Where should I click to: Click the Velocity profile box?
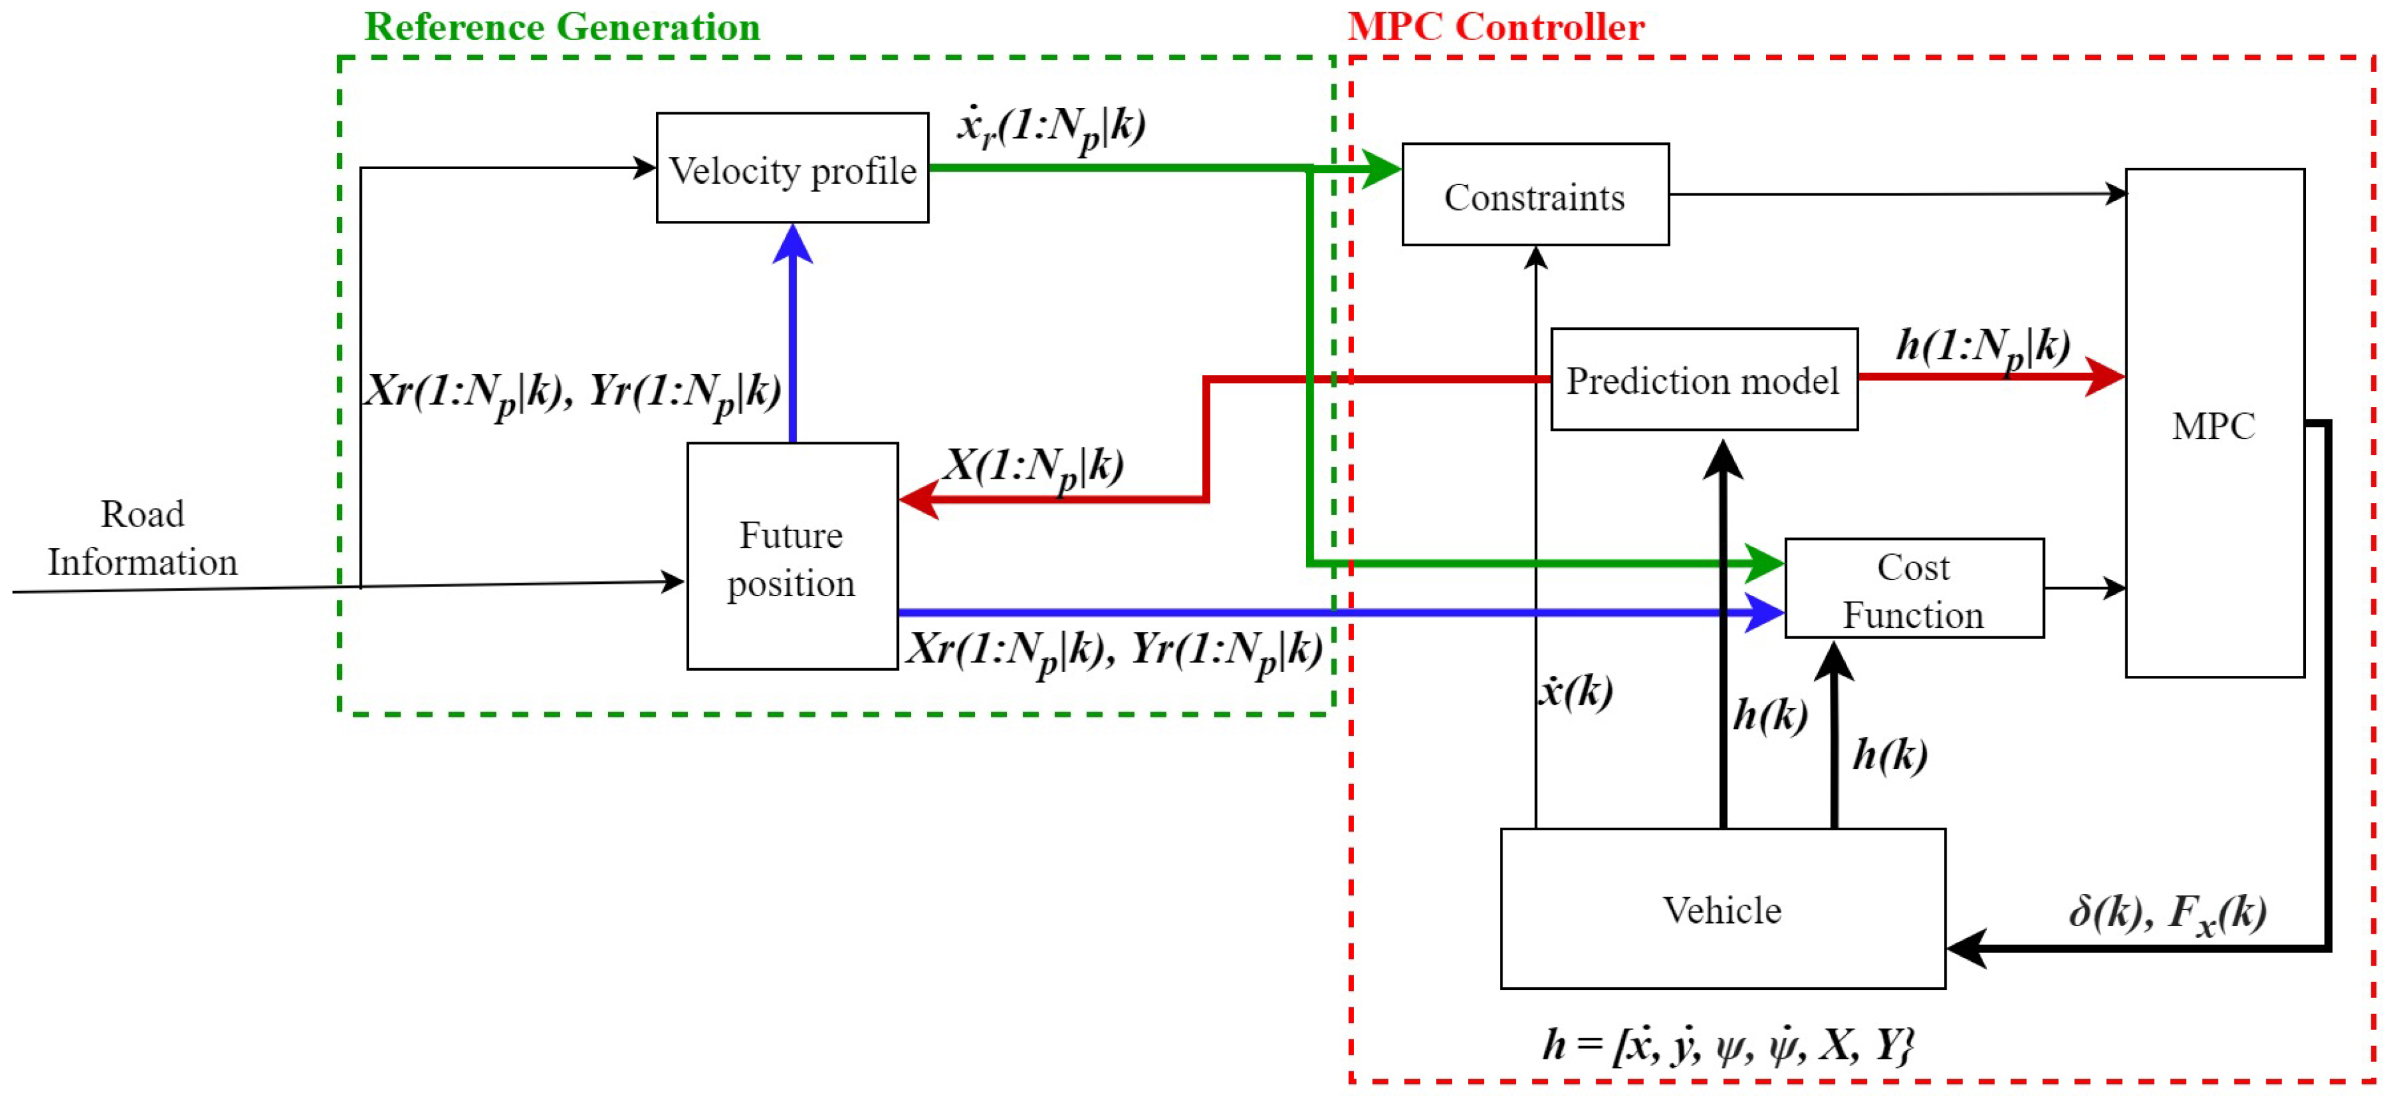792,168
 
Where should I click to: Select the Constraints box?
1535,195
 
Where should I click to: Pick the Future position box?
791,557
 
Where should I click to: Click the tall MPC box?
2214,424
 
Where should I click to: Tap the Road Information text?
142,538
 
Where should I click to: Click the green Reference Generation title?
561,26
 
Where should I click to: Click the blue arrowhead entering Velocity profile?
792,243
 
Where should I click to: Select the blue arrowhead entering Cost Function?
1764,612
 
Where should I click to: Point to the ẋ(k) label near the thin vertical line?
1577,691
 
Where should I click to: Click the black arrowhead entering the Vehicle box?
1966,948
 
